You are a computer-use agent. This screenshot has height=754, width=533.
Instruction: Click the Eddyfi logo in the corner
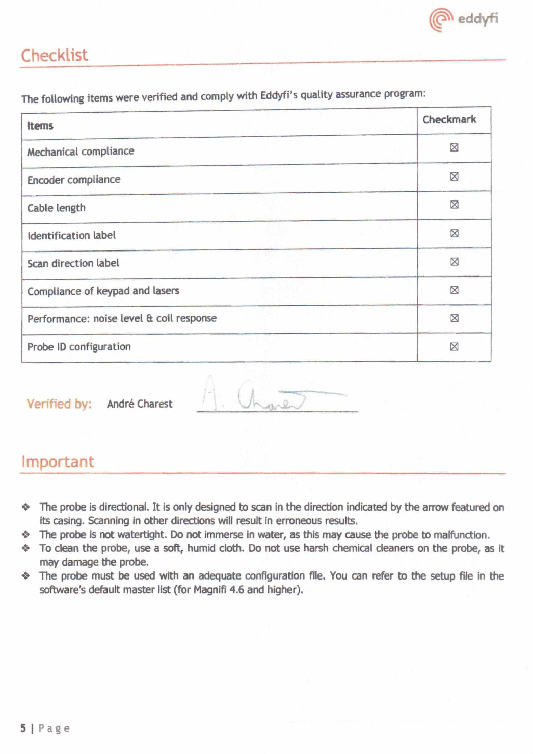[x=463, y=19]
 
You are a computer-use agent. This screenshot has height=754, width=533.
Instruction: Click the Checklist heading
[x=55, y=55]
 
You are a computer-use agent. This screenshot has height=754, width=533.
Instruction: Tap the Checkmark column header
[x=449, y=119]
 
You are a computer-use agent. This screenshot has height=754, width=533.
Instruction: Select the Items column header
[x=40, y=125]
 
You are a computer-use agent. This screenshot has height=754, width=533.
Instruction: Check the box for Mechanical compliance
[x=454, y=147]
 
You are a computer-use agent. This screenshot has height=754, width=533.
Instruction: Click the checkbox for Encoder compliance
[x=454, y=177]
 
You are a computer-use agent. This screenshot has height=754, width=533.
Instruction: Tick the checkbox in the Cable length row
[x=454, y=205]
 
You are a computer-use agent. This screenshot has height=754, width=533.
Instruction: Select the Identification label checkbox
[x=454, y=233]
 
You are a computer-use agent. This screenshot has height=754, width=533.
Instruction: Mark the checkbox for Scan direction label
[x=454, y=262]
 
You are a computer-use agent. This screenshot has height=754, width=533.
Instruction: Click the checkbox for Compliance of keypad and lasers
[x=454, y=290]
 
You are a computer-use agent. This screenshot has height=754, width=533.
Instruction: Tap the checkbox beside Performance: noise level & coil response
[x=454, y=318]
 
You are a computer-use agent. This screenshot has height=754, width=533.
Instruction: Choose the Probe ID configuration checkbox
[x=454, y=347]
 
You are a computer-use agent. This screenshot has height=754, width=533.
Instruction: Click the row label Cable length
[x=57, y=208]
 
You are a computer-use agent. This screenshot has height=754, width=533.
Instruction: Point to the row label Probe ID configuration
[x=79, y=347]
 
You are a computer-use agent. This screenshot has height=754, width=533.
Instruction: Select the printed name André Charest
[x=140, y=404]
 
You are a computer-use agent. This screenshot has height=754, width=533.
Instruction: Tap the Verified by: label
[x=59, y=404]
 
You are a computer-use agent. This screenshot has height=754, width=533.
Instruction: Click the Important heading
[x=58, y=462]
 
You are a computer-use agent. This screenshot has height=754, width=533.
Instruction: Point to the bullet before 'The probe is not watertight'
[x=25, y=535]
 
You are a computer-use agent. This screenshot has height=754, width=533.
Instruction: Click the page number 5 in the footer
[x=23, y=728]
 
